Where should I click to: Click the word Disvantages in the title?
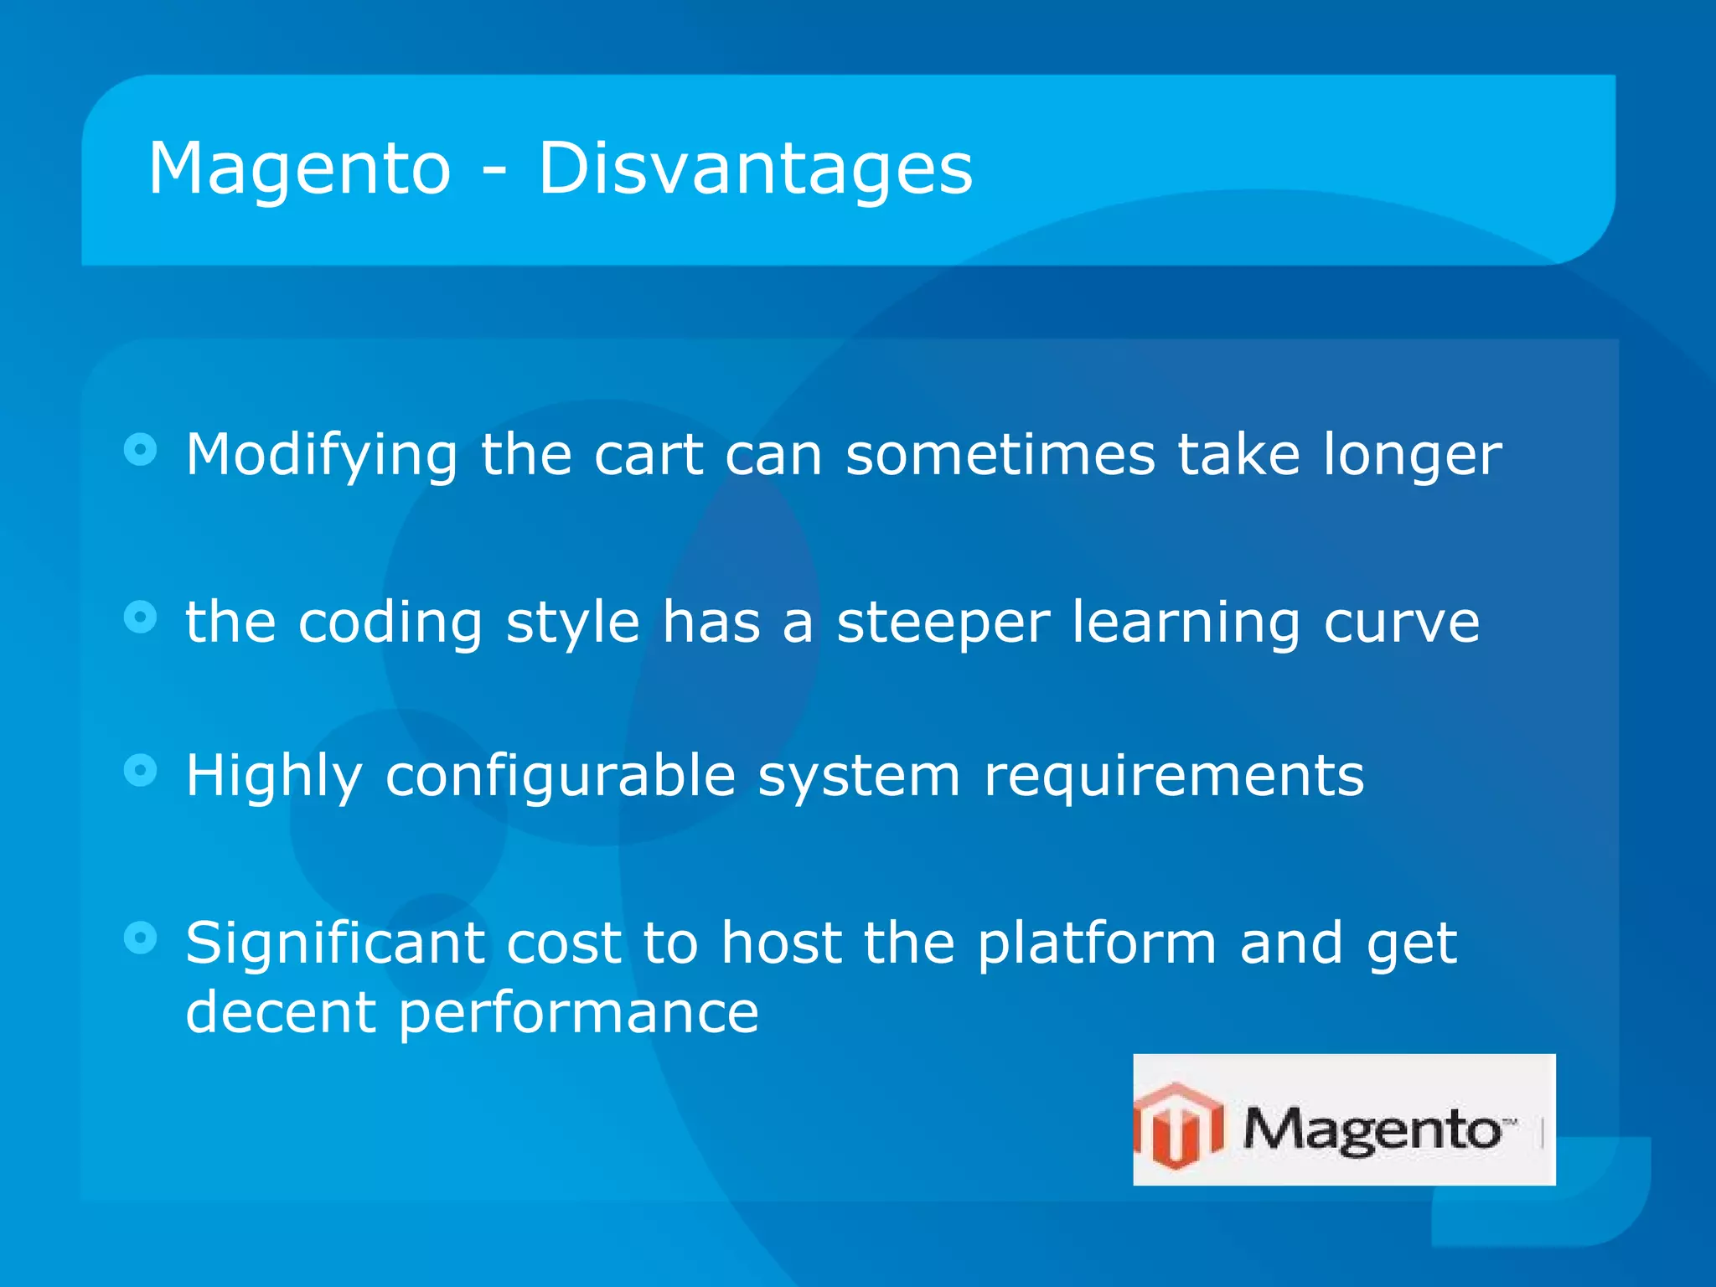pos(754,169)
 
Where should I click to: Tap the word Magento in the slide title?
pos(299,169)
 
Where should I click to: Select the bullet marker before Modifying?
pos(140,450)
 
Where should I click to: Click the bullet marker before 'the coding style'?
pos(140,618)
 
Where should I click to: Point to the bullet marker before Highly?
pos(140,770)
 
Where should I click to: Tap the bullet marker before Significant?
pos(140,938)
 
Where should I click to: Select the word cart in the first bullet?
pos(648,455)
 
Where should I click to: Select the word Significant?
pos(334,944)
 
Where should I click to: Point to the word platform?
pos(1096,944)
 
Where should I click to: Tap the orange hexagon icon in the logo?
pos(1178,1124)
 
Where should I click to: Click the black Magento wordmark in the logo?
pos(1372,1129)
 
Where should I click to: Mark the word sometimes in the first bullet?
pos(1000,455)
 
